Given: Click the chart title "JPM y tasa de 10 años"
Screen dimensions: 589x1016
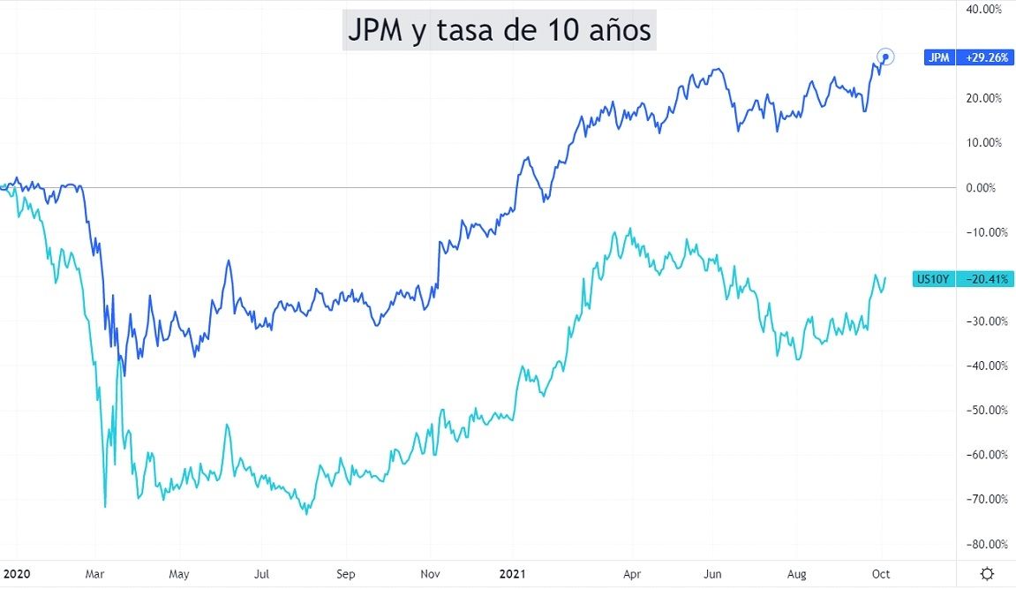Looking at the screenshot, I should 499,31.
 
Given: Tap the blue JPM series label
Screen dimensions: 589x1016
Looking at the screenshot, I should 937,57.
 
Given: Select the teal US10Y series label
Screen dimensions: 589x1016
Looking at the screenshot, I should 932,279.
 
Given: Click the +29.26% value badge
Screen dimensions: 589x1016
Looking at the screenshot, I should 986,57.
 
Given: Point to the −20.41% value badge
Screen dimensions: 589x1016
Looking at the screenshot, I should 986,279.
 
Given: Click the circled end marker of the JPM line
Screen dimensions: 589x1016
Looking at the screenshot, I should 885,57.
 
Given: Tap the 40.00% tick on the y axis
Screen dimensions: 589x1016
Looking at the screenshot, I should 984,9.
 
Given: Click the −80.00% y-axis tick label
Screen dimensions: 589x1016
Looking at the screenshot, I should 984,544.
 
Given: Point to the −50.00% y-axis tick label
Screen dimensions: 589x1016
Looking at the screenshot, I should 984,411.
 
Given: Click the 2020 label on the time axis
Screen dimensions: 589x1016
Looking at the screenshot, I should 16,574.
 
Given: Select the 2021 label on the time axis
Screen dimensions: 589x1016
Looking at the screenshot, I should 512,574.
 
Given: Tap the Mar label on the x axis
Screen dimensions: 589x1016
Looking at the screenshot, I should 94,574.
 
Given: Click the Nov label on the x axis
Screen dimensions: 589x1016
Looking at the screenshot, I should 430,574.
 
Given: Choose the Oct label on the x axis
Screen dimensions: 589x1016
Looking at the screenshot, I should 881,574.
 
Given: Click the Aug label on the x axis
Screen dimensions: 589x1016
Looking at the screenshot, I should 797,574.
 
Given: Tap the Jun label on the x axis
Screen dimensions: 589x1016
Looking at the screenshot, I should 713,574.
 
